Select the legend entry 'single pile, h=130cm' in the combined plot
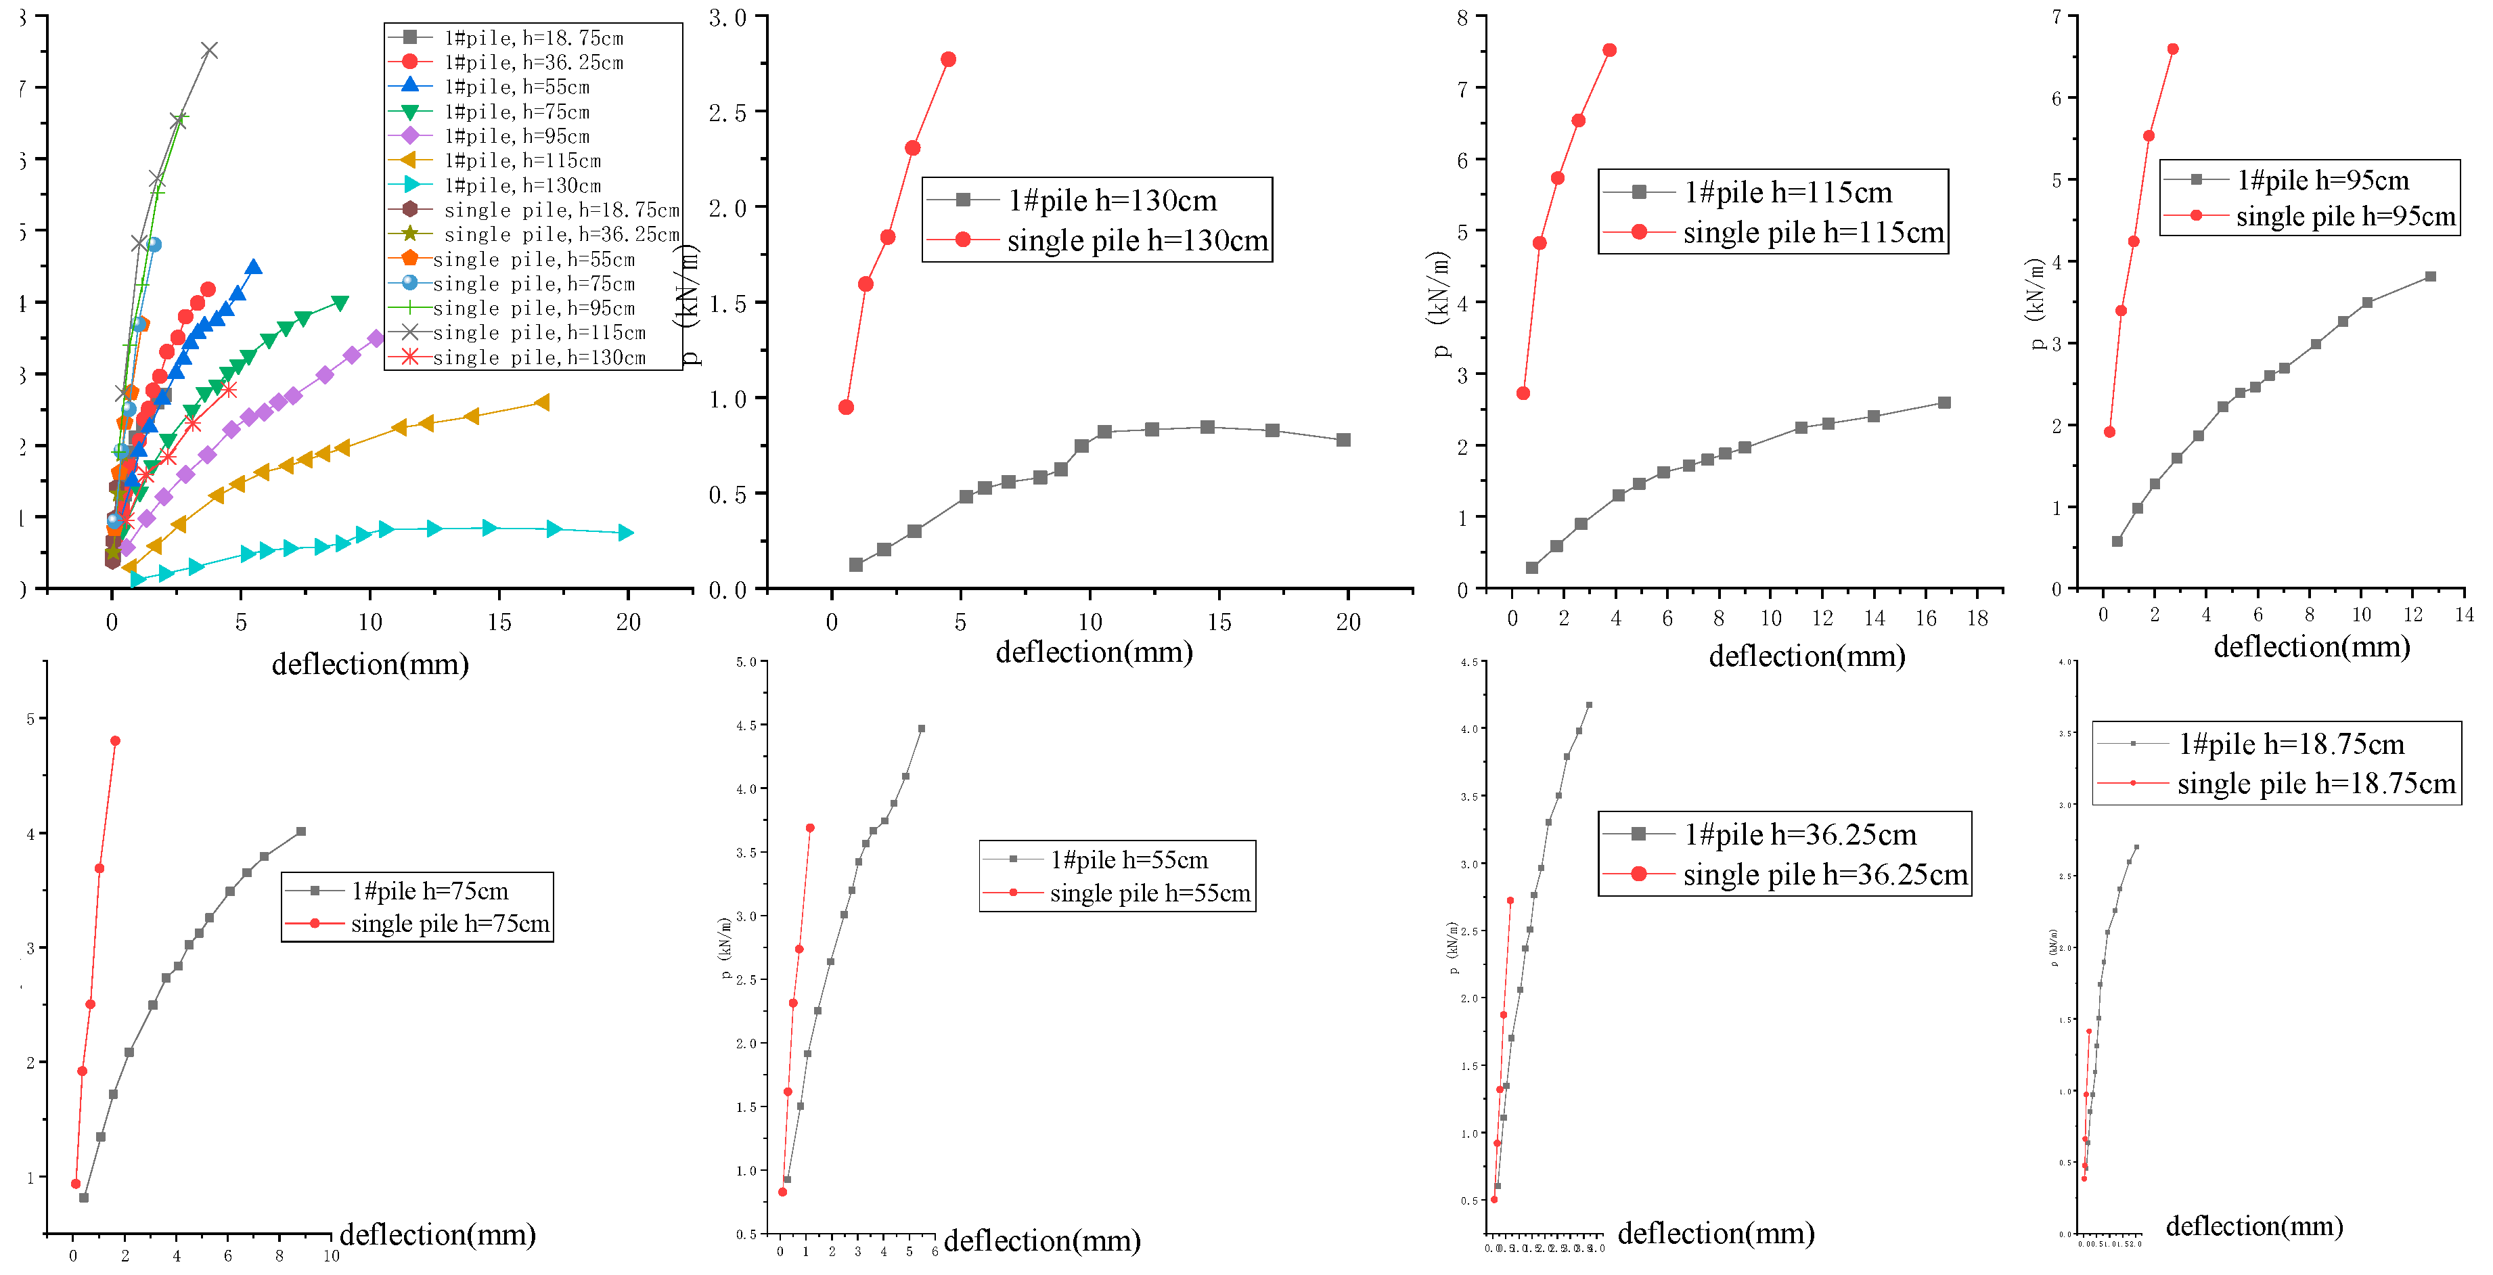click(539, 357)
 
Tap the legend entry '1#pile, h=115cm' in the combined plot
click(522, 160)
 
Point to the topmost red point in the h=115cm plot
click(1609, 50)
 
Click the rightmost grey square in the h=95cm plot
click(2430, 277)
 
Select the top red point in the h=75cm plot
click(115, 740)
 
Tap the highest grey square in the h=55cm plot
click(921, 729)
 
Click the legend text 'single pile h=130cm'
click(1137, 240)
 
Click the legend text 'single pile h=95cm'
click(2345, 216)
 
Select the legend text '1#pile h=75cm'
click(429, 891)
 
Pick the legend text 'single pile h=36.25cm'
click(1825, 874)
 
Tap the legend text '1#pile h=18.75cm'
click(2291, 744)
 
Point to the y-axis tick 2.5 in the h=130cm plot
click(727, 112)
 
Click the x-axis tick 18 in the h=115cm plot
click(1977, 618)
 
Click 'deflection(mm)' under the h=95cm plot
click(2311, 647)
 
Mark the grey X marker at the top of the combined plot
click(209, 50)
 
